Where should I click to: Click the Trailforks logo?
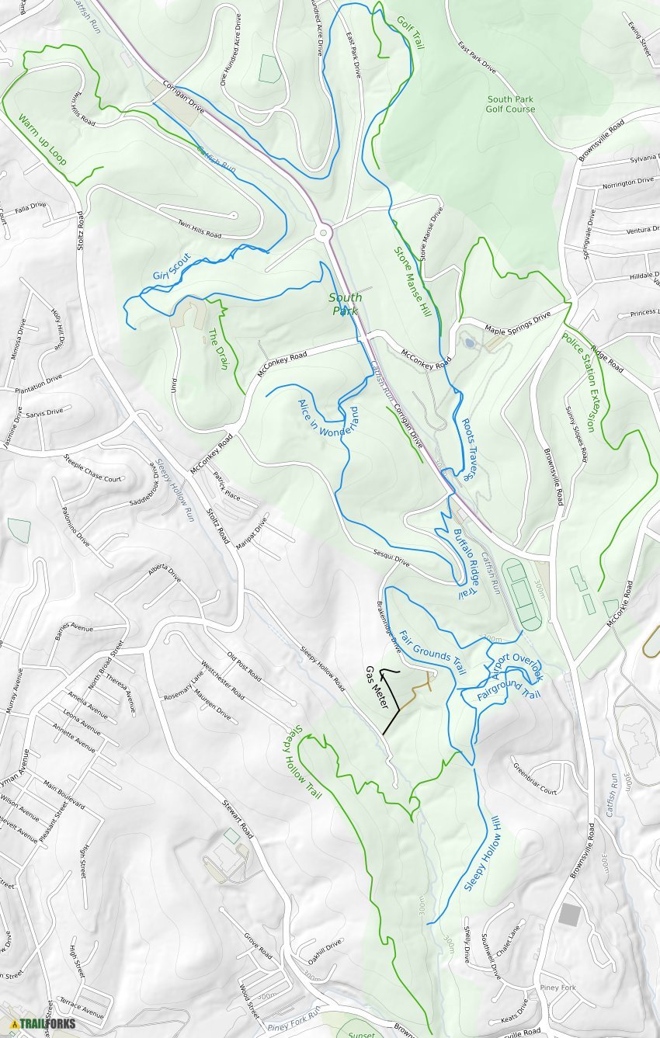[43, 1024]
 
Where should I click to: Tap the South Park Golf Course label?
[511, 104]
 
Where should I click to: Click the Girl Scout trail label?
[172, 268]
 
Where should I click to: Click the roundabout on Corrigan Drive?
[324, 231]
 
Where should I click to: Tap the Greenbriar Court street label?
[534, 779]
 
